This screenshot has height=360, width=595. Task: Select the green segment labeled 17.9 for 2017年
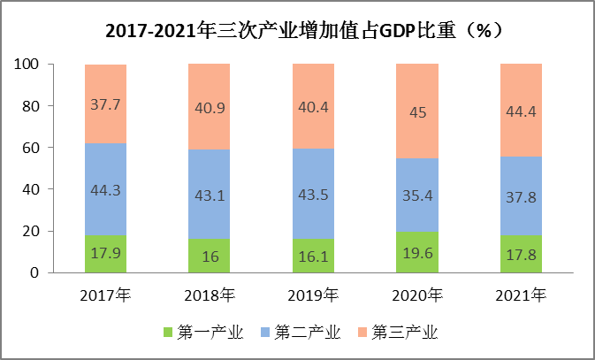click(106, 253)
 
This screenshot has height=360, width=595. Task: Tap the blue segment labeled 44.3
click(106, 188)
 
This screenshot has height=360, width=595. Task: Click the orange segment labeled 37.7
click(106, 103)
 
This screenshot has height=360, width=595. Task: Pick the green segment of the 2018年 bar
click(210, 256)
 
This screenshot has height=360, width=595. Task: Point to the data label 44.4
click(521, 111)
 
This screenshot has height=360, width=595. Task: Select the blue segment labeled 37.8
click(521, 195)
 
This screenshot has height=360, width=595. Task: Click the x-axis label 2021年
click(521, 295)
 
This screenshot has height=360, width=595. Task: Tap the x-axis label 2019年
click(313, 295)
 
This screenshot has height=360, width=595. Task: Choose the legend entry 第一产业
click(201, 333)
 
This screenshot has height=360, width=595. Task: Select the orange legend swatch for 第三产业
click(362, 333)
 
